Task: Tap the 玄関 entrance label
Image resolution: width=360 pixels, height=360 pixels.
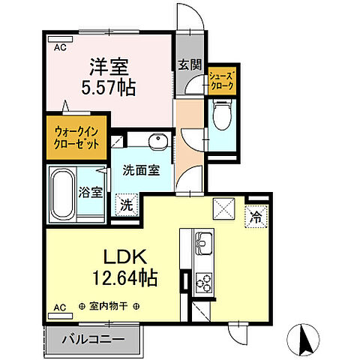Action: (x=190, y=65)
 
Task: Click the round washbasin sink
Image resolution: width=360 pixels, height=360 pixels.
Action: (x=157, y=142)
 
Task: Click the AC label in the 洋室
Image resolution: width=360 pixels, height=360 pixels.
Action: (x=58, y=45)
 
